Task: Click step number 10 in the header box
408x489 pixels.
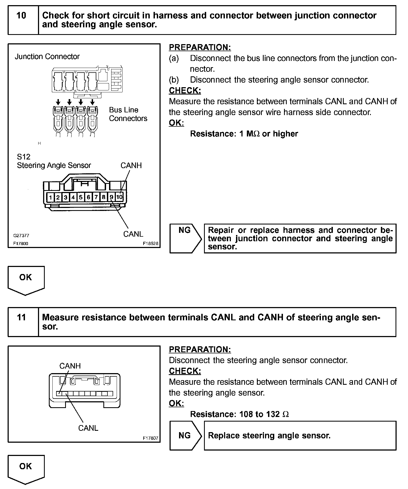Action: coord(21,15)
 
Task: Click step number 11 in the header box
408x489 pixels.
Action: coord(21,317)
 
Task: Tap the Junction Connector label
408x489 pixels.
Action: coord(47,57)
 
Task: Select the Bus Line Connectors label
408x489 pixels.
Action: coord(128,114)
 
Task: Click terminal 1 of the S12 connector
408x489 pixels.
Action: coord(50,197)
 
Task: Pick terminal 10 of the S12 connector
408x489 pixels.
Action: coord(120,197)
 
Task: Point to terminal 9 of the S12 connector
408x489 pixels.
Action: coord(111,197)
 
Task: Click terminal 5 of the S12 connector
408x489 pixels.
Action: coord(81,197)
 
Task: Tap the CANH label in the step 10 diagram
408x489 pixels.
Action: coord(131,165)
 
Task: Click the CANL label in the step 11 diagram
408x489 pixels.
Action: coord(88,428)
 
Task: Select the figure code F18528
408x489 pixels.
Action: coord(151,243)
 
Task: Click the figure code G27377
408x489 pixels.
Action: coord(21,236)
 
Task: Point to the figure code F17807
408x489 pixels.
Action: coord(151,438)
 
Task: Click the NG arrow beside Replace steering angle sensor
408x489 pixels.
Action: coord(185,435)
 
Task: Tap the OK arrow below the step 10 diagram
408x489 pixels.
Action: coord(26,279)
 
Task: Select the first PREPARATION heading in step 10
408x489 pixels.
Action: coord(200,47)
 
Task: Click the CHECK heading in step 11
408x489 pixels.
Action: coord(185,371)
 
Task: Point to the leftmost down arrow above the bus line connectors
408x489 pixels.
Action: coord(58,102)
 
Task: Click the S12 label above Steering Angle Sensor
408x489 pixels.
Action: coord(24,157)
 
